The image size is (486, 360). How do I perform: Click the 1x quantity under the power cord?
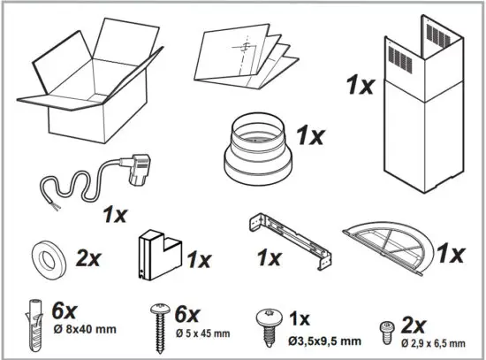(x=115, y=214)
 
